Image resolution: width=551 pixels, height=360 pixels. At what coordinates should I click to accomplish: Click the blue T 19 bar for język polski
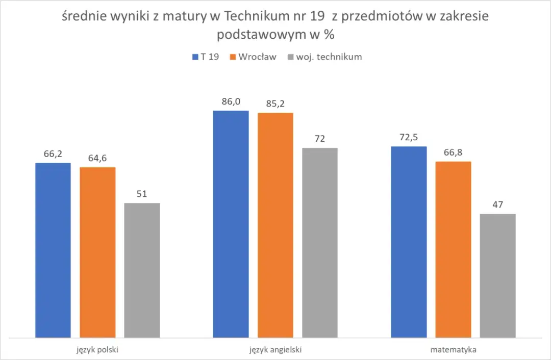click(x=53, y=250)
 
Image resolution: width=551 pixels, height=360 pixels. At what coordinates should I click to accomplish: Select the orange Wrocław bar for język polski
click(x=97, y=252)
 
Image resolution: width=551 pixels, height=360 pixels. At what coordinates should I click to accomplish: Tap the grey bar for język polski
click(x=142, y=270)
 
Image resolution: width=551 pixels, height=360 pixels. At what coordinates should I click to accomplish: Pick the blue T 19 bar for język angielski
click(x=231, y=224)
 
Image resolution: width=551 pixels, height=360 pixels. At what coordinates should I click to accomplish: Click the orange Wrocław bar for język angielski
click(x=275, y=225)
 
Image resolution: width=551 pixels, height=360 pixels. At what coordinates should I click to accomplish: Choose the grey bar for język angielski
click(x=320, y=242)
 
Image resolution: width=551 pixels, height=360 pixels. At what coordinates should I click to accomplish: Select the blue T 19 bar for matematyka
click(x=409, y=242)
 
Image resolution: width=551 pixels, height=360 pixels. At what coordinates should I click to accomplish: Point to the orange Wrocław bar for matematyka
click(x=453, y=249)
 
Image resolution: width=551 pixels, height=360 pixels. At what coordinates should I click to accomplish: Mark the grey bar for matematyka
click(x=497, y=275)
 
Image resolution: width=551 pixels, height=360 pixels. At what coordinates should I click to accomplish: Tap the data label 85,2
click(x=275, y=104)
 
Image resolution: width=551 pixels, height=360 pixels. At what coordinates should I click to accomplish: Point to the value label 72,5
click(x=409, y=138)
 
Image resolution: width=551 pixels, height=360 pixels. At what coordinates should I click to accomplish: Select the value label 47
click(x=497, y=205)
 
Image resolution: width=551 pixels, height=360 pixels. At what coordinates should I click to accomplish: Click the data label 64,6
click(x=97, y=159)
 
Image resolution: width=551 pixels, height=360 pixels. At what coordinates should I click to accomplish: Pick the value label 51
click(x=142, y=194)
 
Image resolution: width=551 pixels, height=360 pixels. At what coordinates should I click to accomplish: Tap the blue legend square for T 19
click(x=195, y=57)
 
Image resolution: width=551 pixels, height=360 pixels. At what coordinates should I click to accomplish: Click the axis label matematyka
click(x=453, y=350)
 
